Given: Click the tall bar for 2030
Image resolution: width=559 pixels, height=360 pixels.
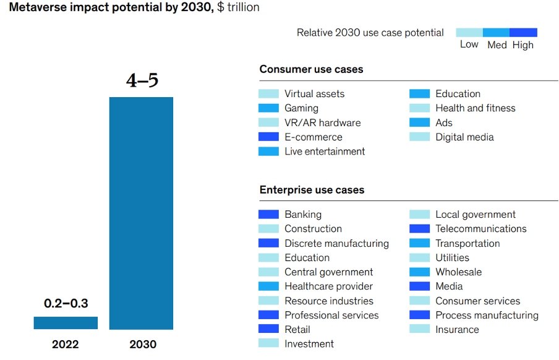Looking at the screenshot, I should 141,213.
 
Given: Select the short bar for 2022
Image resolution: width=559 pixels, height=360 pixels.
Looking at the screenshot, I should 66,323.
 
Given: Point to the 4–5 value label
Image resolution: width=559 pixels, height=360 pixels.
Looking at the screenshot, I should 142,81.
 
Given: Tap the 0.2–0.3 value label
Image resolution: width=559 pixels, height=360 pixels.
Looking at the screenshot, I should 66,304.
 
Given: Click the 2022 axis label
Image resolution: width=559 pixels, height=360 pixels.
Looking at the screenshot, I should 66,345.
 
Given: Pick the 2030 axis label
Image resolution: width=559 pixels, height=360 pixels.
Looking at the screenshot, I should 142,345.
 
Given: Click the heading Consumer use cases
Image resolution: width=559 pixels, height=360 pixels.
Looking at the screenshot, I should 311,69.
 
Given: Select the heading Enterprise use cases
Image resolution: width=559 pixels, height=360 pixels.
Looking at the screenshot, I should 312,190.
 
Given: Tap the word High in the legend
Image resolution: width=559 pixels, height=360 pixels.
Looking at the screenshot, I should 523,45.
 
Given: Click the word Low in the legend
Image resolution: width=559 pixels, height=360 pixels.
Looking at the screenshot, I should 469,45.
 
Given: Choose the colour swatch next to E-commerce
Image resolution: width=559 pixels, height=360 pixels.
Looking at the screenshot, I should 268,137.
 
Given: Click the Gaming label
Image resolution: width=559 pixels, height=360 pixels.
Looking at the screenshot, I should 301,108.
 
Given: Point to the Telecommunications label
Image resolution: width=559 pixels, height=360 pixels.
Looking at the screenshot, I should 480,229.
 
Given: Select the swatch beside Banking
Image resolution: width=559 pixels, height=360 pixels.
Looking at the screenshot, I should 268,215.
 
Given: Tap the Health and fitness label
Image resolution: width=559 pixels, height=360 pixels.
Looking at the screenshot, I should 475,108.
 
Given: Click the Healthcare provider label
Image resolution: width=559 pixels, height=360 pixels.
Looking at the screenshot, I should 328,286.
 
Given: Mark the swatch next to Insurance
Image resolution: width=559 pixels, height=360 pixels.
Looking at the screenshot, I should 419,330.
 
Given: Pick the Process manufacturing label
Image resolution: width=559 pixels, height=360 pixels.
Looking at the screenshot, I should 487,315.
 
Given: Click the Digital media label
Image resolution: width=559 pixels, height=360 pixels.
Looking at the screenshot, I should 464,137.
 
